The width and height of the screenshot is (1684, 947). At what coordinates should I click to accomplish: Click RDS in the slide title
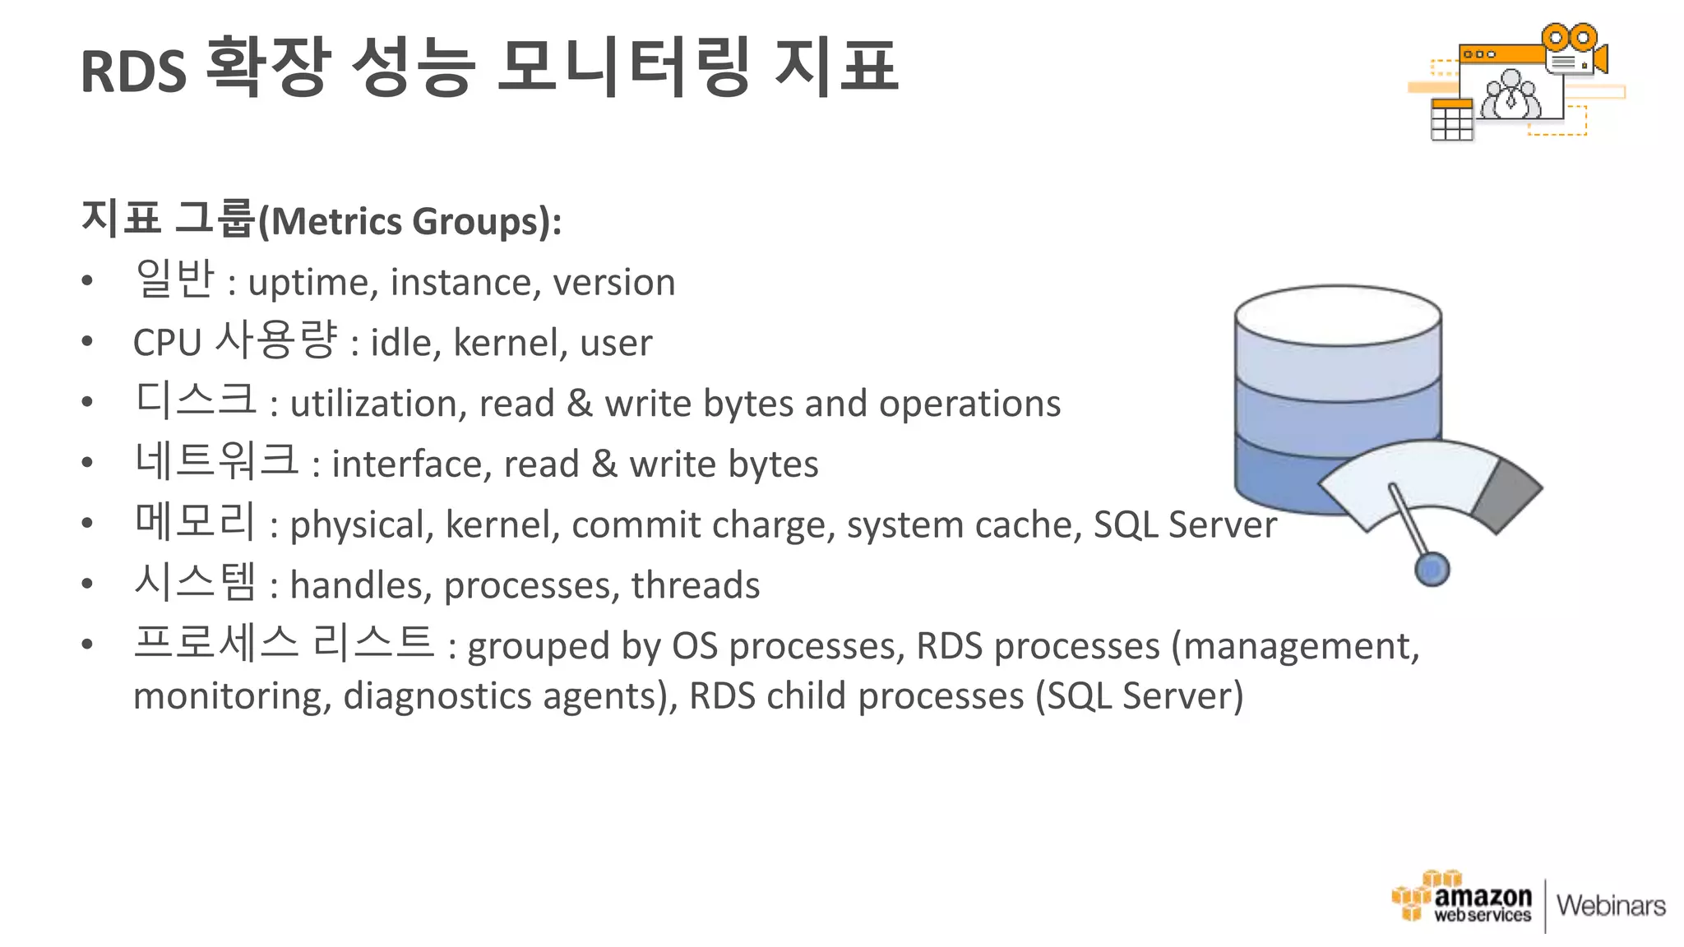click(133, 72)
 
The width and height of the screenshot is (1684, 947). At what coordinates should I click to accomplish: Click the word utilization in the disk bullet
click(378, 404)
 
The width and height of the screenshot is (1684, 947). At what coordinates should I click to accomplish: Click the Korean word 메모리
click(196, 523)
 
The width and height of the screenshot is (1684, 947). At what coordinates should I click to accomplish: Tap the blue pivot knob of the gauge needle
click(1432, 570)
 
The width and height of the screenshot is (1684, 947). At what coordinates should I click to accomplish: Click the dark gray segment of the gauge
click(1506, 496)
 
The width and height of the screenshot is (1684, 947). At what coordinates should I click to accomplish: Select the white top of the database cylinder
click(1338, 316)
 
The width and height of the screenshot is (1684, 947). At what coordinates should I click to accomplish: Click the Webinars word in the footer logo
click(1611, 906)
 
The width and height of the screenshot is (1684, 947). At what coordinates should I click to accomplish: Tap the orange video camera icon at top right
click(1573, 50)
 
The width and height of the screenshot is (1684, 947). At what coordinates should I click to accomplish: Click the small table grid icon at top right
click(1451, 121)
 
